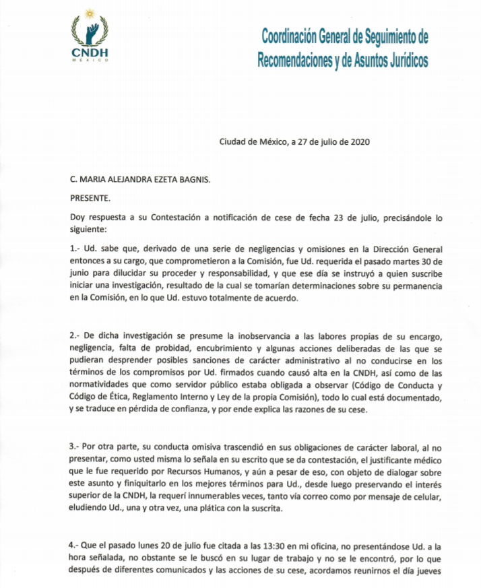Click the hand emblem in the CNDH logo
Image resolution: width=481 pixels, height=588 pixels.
(90, 28)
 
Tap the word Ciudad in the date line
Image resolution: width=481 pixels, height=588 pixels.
(232, 141)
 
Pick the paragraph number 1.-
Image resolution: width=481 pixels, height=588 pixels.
(77, 249)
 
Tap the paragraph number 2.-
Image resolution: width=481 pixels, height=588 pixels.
(77, 335)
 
